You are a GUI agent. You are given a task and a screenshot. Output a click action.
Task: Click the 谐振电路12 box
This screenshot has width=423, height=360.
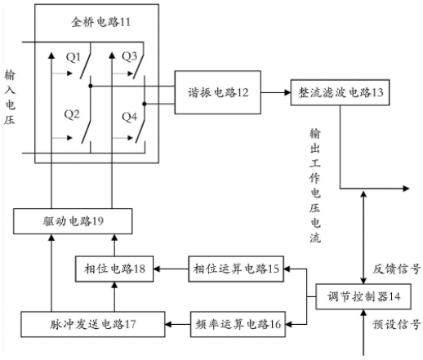tap(218, 92)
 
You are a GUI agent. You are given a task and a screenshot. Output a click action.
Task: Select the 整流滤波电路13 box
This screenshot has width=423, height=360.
tap(340, 92)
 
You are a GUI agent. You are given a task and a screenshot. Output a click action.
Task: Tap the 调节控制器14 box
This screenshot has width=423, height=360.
tap(363, 296)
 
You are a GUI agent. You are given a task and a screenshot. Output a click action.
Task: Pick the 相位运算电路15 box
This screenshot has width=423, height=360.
tap(236, 269)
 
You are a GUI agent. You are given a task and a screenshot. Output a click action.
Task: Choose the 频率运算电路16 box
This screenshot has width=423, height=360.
tap(238, 324)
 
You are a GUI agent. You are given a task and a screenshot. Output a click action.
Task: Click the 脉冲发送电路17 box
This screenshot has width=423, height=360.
tap(93, 324)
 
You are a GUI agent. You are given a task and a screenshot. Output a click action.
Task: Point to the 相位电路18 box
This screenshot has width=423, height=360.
tap(114, 269)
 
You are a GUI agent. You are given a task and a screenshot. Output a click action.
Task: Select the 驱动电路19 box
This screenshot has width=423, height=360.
tap(73, 221)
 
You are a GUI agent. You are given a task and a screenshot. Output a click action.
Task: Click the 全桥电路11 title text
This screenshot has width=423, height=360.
tap(100, 22)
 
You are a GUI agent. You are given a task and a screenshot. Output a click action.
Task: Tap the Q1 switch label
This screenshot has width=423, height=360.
tap(73, 57)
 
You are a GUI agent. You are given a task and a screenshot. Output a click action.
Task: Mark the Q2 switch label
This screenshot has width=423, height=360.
tap(72, 114)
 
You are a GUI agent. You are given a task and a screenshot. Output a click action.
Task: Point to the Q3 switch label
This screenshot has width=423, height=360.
tap(129, 56)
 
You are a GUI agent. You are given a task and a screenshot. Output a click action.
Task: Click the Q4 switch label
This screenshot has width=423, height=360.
tap(129, 117)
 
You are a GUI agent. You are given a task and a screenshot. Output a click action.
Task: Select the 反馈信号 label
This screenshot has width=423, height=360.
tap(396, 269)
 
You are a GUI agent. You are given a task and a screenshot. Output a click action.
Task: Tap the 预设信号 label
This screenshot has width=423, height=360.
tap(396, 324)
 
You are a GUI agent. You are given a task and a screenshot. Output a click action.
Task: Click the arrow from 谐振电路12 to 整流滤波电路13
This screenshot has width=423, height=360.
tap(276, 92)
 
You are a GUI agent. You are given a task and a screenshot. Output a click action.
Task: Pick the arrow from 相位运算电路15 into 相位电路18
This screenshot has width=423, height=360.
tap(171, 269)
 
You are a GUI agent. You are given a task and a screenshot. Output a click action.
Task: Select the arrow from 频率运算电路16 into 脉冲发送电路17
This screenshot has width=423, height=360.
tap(178, 324)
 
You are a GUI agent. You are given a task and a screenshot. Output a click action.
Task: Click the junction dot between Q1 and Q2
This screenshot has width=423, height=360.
tap(91, 86)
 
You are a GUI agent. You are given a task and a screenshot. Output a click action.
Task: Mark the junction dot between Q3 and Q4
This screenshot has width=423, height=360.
tap(145, 104)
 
